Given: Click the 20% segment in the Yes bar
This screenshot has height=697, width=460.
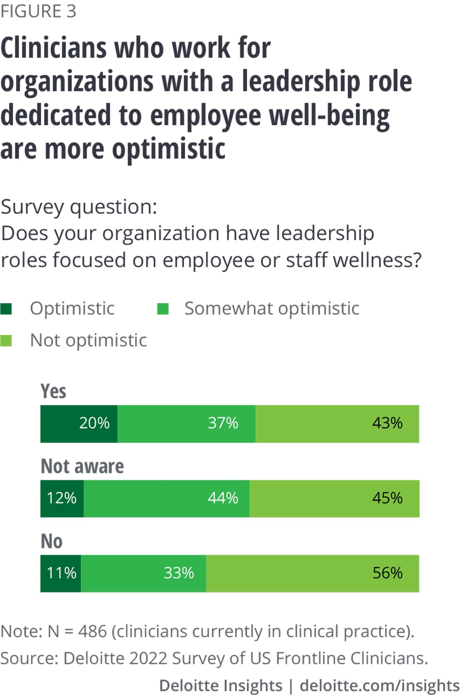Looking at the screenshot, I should coord(79,424).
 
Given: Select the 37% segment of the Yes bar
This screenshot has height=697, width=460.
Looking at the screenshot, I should coord(186,424).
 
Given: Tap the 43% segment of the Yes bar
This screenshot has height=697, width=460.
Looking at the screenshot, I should coord(337,424).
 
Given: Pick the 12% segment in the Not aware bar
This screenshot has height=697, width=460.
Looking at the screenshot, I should coord(62,499).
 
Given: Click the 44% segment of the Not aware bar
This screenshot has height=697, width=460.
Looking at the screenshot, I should coord(167,499).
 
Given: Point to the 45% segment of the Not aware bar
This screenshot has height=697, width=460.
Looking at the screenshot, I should coord(334,499).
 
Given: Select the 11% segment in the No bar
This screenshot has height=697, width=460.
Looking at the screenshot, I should coord(61,573).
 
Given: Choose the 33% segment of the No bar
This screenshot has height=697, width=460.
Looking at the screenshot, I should coord(144,573).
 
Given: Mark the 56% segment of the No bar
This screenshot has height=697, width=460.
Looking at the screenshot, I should coord(312,573).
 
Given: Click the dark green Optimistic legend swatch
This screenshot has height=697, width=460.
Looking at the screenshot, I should coord(6,309).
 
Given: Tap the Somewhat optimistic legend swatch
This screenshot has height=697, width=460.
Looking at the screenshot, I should coord(163,309).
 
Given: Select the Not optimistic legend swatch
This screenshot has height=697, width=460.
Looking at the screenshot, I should coord(6,341).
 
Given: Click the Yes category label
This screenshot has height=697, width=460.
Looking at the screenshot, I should coord(53,392).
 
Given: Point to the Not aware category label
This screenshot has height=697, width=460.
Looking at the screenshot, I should coord(82,467).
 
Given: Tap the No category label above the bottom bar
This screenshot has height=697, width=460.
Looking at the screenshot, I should coord(52,541).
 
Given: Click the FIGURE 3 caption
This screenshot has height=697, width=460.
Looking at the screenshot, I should coord(38,11).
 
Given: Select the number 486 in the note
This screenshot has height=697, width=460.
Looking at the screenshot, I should coord(92,631).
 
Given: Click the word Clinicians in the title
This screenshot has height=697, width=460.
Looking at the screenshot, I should coord(54,48).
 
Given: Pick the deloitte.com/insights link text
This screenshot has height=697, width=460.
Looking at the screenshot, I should coord(379,685).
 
